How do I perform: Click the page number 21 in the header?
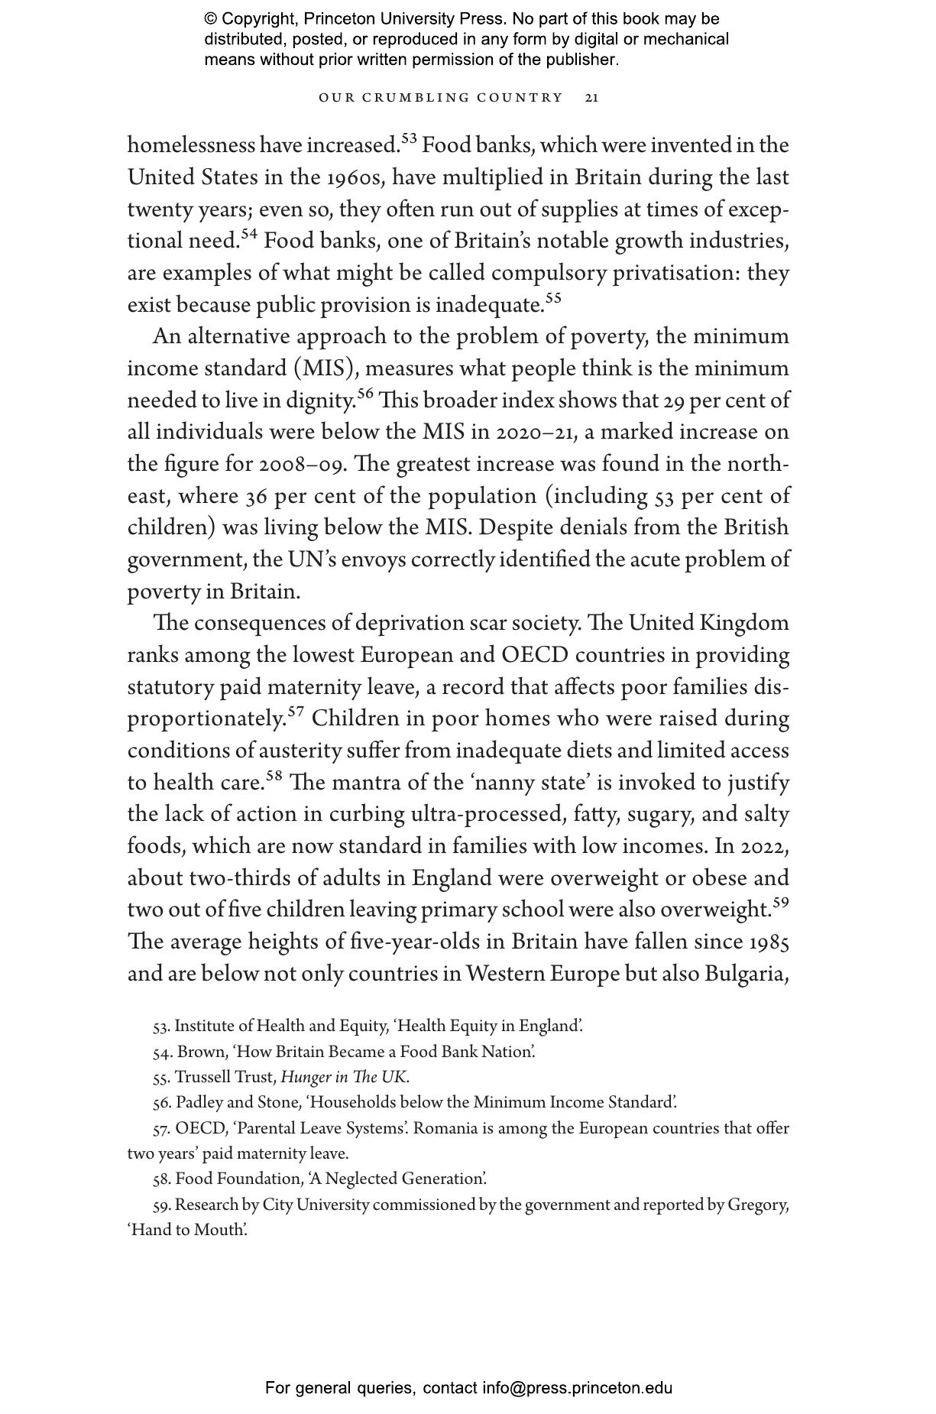[591, 98]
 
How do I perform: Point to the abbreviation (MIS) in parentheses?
[322, 369]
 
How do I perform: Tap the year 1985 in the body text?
[768, 942]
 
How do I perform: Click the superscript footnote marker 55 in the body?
[553, 299]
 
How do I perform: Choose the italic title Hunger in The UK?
[345, 1078]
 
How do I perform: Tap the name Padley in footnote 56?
[198, 1103]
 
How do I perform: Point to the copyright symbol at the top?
[210, 19]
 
